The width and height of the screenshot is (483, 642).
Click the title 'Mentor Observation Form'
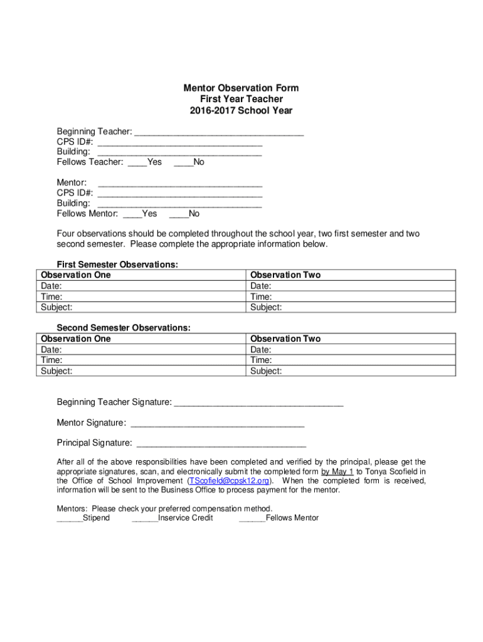[241, 88]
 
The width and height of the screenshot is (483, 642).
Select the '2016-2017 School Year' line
[241, 111]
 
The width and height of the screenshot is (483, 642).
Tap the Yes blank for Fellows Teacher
[137, 163]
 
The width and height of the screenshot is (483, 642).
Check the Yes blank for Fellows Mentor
[132, 214]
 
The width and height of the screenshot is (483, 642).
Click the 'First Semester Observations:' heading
[117, 265]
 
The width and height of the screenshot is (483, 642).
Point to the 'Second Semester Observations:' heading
[124, 328]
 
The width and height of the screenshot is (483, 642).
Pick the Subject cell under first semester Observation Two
[351, 307]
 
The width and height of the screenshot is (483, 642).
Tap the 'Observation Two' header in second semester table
[285, 339]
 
